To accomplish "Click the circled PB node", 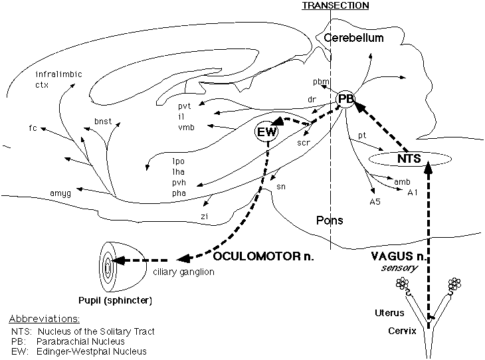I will tap(346, 99).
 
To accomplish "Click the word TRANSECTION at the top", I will tap(335, 5).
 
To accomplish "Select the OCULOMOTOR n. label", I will tap(262, 255).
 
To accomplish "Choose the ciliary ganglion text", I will tap(184, 272).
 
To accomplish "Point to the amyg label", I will tap(60, 193).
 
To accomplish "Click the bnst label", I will tap(103, 123).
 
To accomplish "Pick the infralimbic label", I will tap(59, 74).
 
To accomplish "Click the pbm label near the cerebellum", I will tap(321, 82).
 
